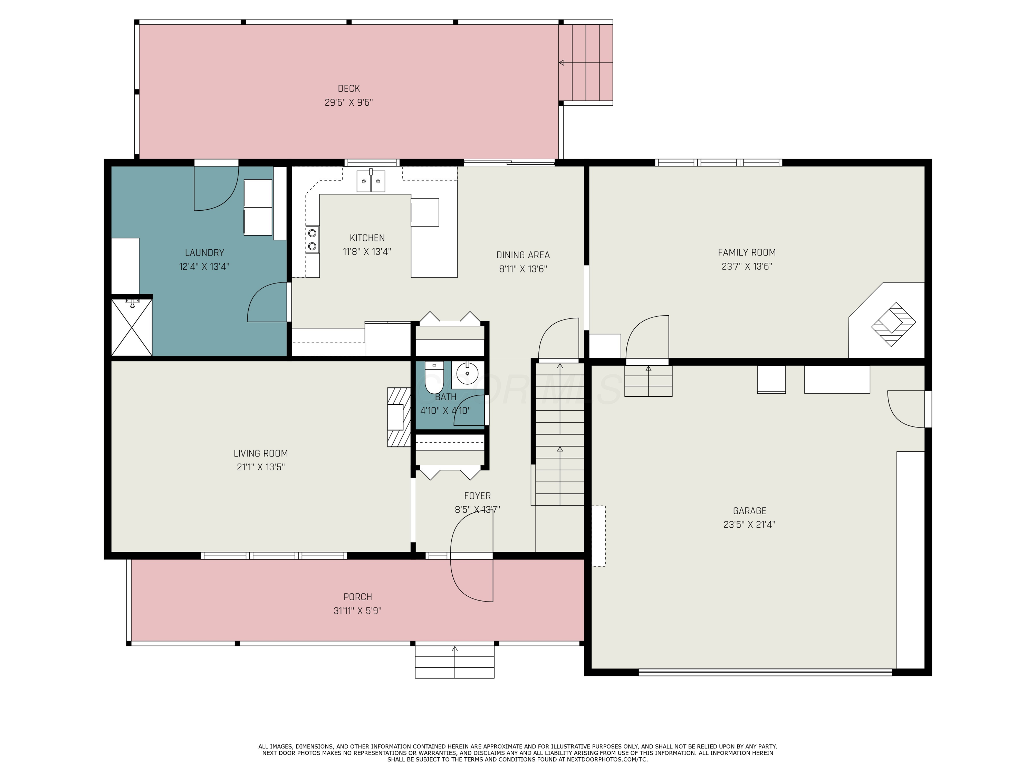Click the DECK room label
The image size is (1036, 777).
[349, 88]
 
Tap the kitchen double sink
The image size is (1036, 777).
[371, 181]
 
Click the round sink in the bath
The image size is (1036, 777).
[467, 374]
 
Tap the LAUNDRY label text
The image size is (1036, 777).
[205, 253]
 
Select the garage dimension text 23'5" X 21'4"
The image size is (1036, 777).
[749, 525]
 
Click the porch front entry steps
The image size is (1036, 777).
[455, 661]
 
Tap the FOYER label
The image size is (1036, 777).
[478, 496]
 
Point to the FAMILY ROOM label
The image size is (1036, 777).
[747, 253]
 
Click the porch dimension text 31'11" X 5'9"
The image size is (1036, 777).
[358, 611]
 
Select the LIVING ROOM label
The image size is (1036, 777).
[261, 454]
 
